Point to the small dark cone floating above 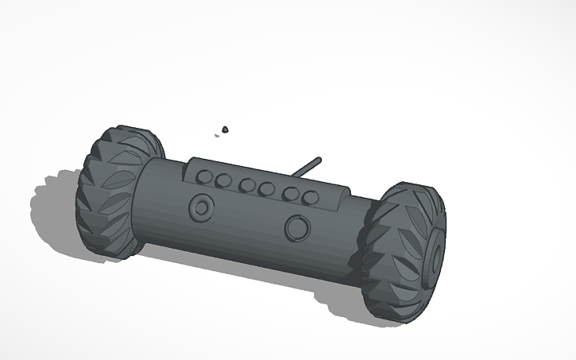coord(225,128)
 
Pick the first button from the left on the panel coord(205,177)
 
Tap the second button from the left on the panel coord(225,181)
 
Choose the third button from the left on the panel coord(247,186)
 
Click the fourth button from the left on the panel coord(266,189)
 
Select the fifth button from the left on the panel coord(291,193)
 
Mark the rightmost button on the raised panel coord(311,197)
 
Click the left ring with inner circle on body coord(200,208)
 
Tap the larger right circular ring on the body coord(298,228)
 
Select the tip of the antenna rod coord(319,160)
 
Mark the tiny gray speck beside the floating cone coord(216,135)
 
